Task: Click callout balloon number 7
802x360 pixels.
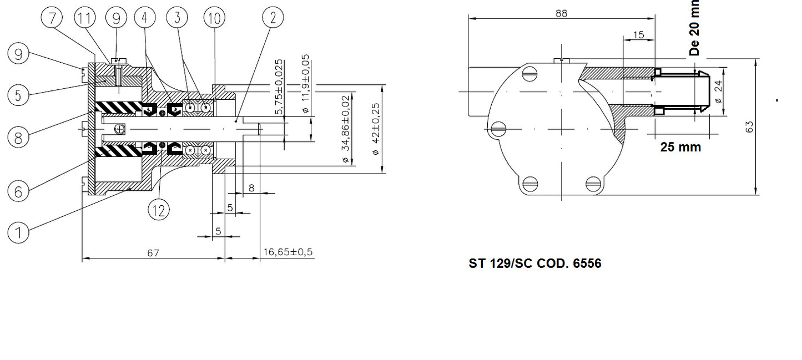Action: [x=52, y=18]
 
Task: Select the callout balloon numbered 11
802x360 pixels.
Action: [x=84, y=18]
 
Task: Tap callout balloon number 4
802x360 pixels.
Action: [x=144, y=18]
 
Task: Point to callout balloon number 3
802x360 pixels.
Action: [x=177, y=18]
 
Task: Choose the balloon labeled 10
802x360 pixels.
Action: [x=214, y=18]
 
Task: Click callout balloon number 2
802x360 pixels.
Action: [x=273, y=18]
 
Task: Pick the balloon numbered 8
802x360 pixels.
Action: [x=18, y=136]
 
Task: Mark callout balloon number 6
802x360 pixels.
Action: [x=18, y=191]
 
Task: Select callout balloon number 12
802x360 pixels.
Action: [x=158, y=210]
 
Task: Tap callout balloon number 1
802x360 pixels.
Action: [x=18, y=232]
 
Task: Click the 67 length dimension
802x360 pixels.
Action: [x=153, y=253]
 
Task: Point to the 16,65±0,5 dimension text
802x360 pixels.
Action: [x=287, y=252]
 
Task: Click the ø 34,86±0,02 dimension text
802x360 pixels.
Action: [x=346, y=130]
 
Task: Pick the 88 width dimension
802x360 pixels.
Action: [x=561, y=13]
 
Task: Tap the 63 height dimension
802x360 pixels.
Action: [x=750, y=126]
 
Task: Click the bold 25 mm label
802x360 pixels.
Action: [x=680, y=147]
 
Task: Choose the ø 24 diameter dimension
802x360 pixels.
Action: [x=718, y=92]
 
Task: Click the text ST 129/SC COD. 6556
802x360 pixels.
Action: [x=534, y=263]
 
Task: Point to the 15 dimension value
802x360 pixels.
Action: [x=638, y=35]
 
